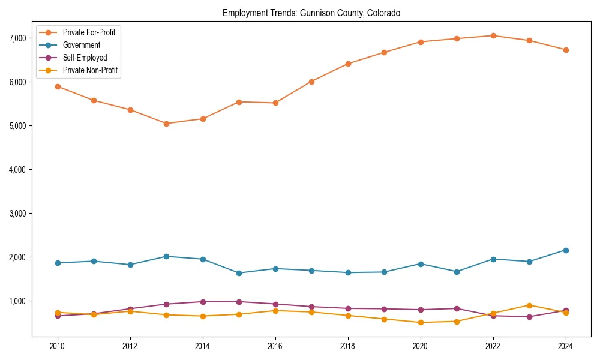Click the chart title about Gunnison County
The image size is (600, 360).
coord(311,13)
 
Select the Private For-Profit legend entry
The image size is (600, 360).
coord(89,32)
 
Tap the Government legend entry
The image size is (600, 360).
coord(81,45)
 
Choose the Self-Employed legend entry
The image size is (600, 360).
coord(85,58)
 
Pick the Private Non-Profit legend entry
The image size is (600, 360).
coord(90,70)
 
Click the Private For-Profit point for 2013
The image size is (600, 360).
coord(166,124)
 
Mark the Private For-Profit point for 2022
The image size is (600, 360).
coord(493,35)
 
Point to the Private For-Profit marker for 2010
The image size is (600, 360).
coord(58,86)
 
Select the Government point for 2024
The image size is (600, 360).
coord(566,250)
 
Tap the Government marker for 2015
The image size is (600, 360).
coord(239,273)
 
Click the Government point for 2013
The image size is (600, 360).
coord(166,256)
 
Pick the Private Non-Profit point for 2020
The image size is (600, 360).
coord(421,322)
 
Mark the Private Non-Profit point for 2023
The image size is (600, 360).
coord(529,305)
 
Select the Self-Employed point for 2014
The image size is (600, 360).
coord(203,302)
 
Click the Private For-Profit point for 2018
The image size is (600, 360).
coord(348,64)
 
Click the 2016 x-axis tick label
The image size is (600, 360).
coord(275,346)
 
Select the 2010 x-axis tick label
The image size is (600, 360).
coord(58,346)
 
